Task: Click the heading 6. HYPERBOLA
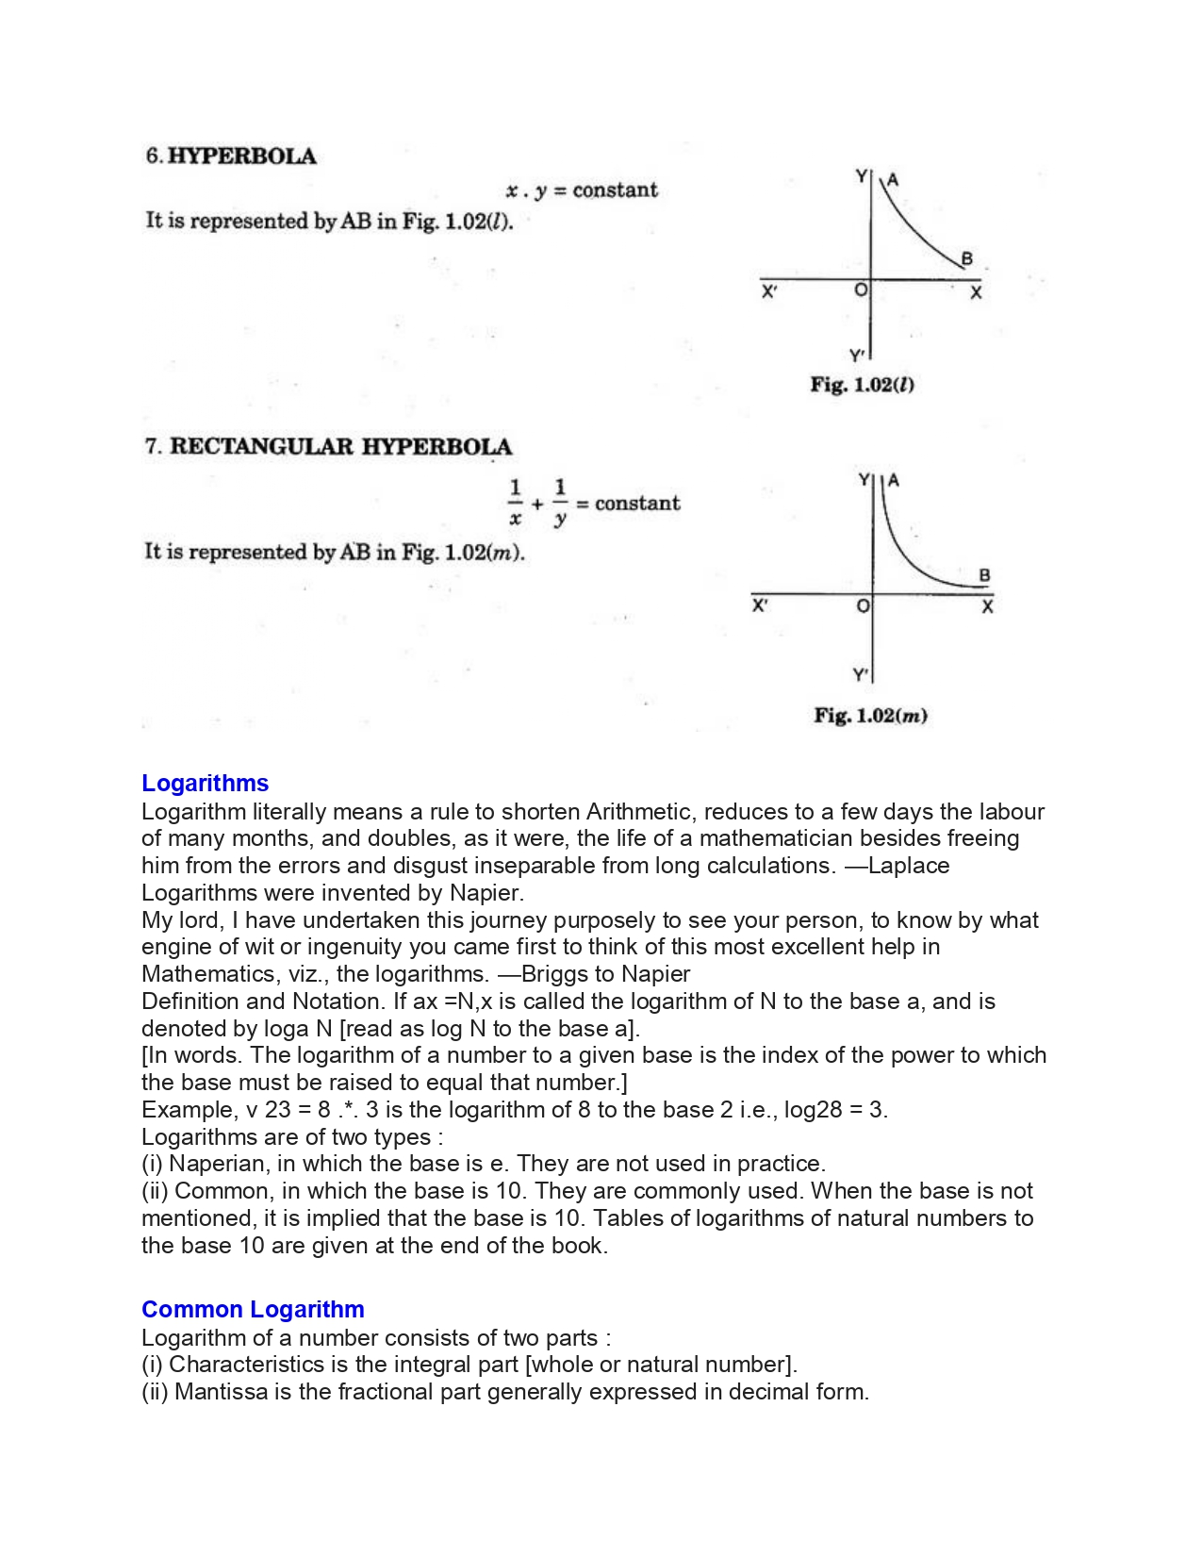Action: click(231, 157)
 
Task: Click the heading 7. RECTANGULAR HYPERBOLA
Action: click(328, 447)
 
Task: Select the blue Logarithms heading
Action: click(205, 784)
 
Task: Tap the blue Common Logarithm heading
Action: click(253, 1310)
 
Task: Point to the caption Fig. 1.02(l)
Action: click(862, 385)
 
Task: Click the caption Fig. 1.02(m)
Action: click(870, 716)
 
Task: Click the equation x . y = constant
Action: click(582, 190)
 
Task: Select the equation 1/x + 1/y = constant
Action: click(594, 504)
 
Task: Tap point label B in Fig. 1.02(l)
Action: click(966, 258)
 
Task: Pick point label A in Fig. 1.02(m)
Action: click(894, 480)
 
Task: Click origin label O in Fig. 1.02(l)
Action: click(860, 290)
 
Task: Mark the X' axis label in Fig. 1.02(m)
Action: click(760, 605)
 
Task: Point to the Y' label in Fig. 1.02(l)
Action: click(856, 356)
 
